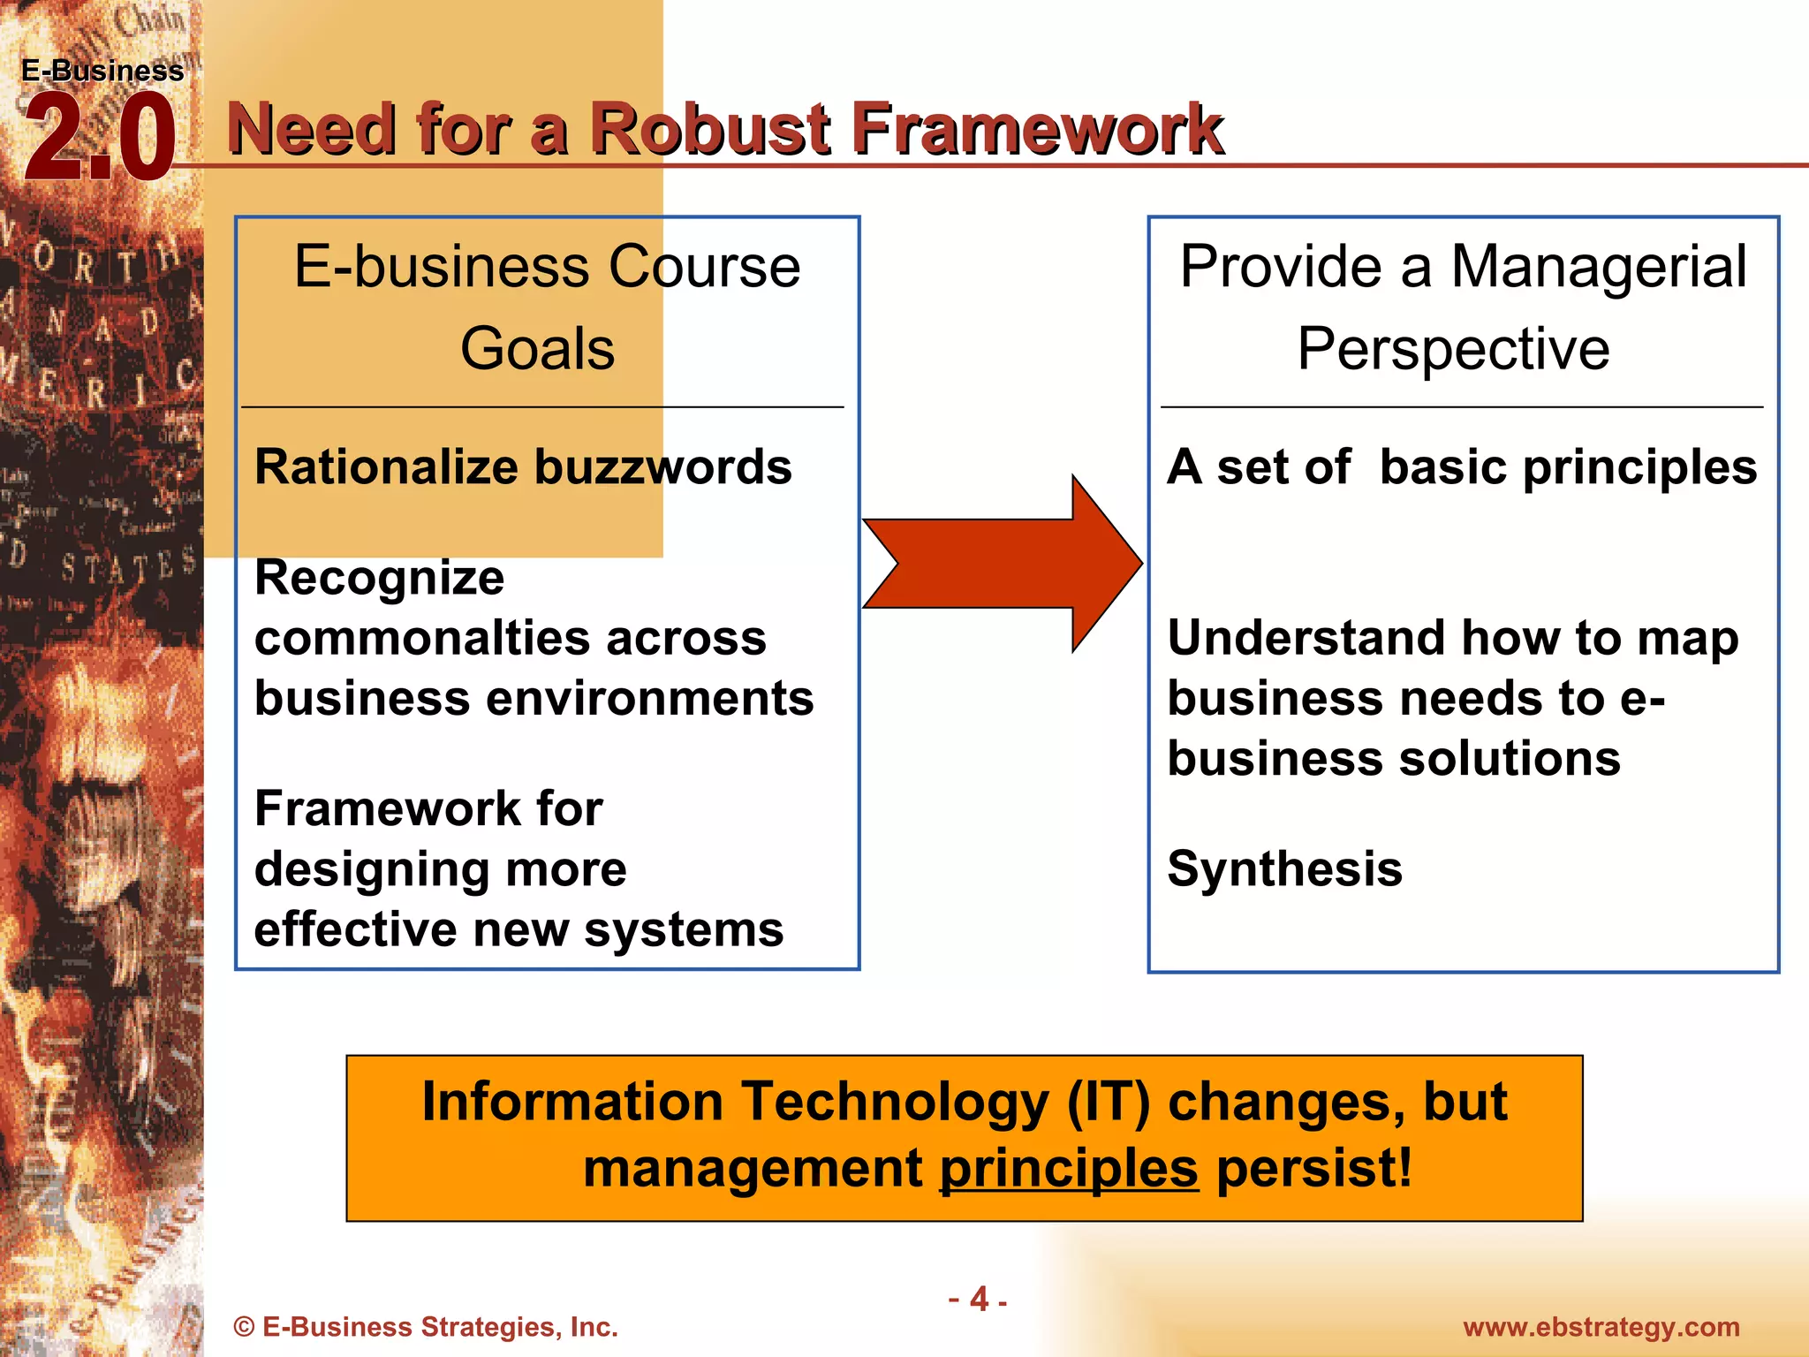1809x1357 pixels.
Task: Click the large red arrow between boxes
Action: (1003, 564)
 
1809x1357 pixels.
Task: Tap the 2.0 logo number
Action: (99, 140)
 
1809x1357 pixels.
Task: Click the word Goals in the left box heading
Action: (537, 348)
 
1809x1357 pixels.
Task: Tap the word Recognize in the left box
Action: (379, 578)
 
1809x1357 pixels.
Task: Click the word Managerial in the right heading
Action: (1598, 267)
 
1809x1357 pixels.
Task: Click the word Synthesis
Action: (1284, 869)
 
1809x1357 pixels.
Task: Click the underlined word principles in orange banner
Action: (1069, 1169)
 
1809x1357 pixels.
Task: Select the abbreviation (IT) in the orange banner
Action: (1109, 1103)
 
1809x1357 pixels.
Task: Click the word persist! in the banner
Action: (1314, 1169)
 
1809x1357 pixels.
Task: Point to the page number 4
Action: (979, 1299)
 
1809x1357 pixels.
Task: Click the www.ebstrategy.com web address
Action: (1601, 1327)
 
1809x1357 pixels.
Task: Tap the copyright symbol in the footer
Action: (244, 1328)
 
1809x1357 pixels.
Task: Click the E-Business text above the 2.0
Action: (102, 71)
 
